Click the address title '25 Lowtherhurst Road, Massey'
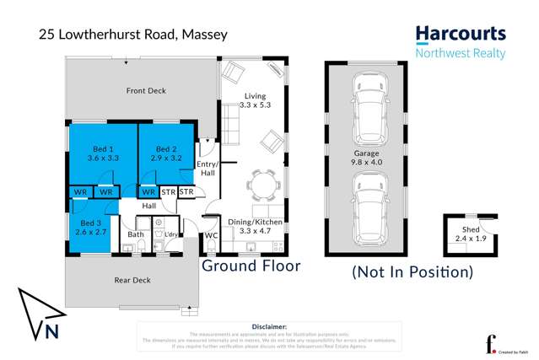click(x=133, y=35)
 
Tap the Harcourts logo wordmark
click(x=461, y=35)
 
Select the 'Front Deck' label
click(x=145, y=90)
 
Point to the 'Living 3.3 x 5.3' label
click(x=255, y=100)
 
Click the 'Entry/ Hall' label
click(x=208, y=168)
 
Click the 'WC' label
click(x=212, y=235)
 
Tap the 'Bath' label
click(x=135, y=234)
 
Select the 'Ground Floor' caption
click(x=251, y=266)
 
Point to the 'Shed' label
click(x=470, y=234)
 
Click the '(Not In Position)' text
click(x=412, y=271)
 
